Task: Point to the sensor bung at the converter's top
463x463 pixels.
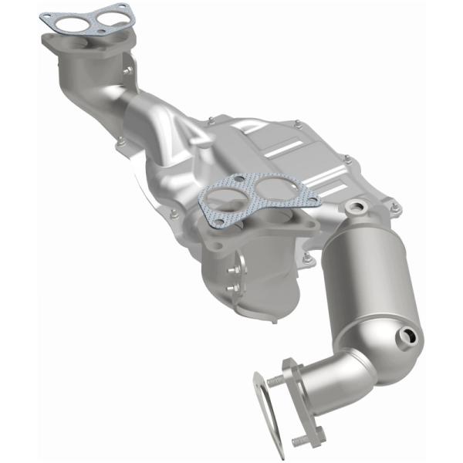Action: pyautogui.click(x=356, y=207)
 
